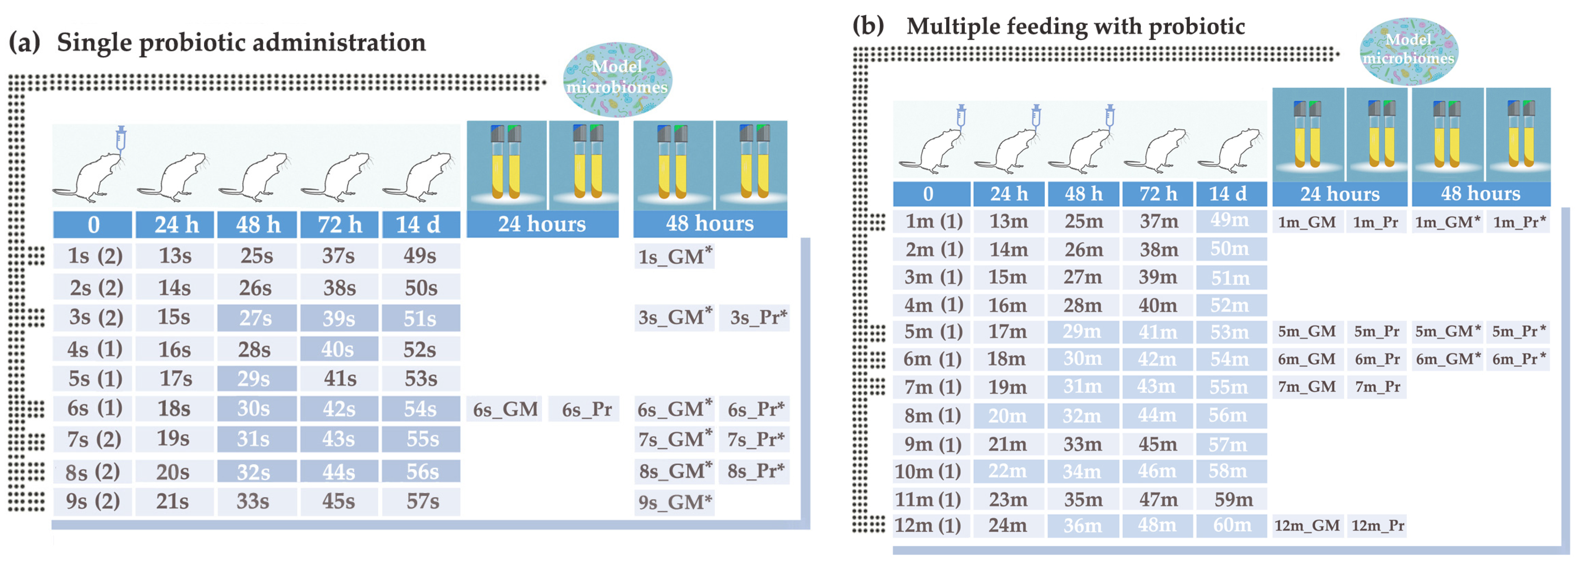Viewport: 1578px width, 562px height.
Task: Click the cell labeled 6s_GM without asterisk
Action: coord(505,409)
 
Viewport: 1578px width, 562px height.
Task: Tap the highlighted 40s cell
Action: coord(338,349)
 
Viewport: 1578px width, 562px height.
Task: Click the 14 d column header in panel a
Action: coord(419,224)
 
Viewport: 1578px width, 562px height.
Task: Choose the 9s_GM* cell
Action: coord(674,502)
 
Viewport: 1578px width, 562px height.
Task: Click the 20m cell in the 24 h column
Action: coord(1007,416)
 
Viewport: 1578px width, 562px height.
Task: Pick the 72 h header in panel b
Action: coord(1157,194)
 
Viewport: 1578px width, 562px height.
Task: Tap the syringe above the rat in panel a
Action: coord(121,140)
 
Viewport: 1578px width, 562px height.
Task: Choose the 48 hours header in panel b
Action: coord(1481,194)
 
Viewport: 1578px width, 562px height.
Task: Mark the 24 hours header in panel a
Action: coord(542,224)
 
